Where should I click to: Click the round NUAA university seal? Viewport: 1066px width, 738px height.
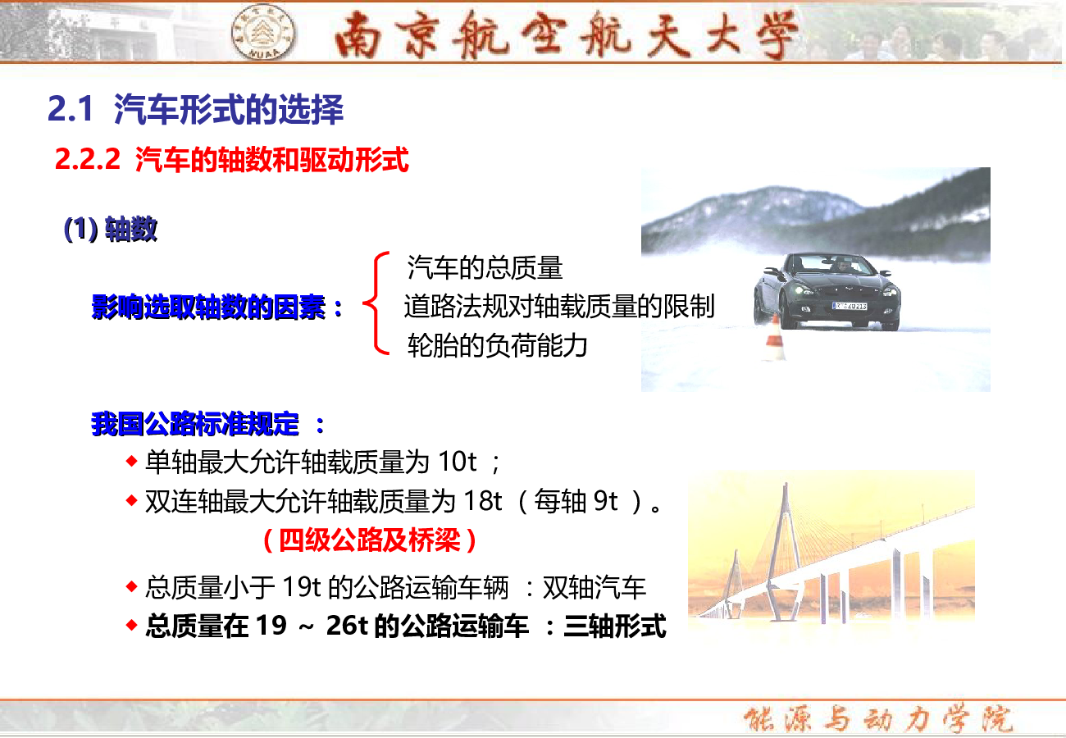[262, 33]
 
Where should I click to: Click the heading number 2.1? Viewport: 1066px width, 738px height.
[70, 109]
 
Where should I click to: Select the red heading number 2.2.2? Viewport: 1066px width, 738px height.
[87, 159]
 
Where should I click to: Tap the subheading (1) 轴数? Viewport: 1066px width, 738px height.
[111, 229]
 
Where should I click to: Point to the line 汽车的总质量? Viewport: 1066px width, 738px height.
[485, 267]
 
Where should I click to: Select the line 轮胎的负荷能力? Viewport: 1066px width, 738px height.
[497, 345]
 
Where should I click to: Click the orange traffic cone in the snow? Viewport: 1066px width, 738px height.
[775, 338]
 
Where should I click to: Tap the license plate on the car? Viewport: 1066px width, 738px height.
[850, 306]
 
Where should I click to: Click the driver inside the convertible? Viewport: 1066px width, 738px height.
[842, 265]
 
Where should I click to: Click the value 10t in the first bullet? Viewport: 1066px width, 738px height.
[457, 462]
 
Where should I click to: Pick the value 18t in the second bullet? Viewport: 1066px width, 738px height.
[482, 500]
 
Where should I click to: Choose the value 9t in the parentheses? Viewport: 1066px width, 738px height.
[606, 500]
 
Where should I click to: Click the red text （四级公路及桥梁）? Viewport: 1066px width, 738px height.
[370, 540]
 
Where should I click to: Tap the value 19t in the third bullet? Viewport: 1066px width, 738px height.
[302, 586]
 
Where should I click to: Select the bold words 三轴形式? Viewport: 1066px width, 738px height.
[615, 626]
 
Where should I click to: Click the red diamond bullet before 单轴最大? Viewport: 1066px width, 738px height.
[131, 461]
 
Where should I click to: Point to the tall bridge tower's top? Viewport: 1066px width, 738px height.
[786, 485]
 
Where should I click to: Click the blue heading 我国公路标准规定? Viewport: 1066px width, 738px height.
[195, 423]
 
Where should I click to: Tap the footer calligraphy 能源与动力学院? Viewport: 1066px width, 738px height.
[878, 718]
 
